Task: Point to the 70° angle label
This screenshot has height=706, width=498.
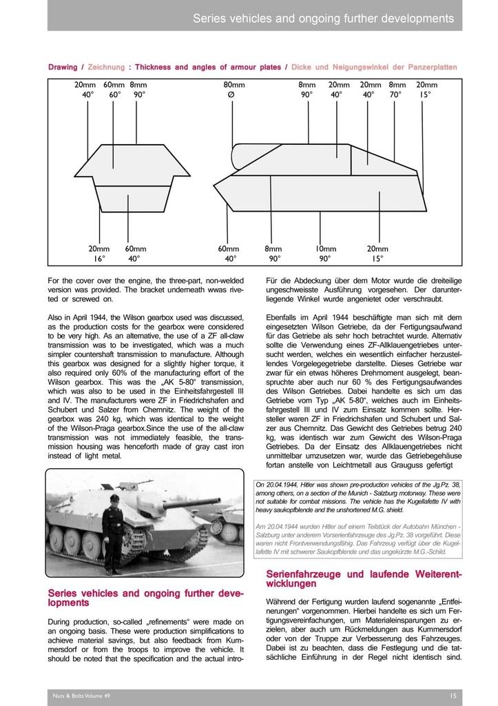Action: (395, 94)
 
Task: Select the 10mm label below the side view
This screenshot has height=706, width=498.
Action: (325, 248)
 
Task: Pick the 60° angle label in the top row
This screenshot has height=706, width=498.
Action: (114, 94)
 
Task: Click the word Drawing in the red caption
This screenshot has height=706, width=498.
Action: (63, 67)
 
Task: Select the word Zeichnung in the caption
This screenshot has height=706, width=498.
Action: (106, 67)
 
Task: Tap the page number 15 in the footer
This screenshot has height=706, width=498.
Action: (451, 696)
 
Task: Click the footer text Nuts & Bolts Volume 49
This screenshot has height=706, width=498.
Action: (81, 696)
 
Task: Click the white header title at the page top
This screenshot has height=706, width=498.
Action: (323, 18)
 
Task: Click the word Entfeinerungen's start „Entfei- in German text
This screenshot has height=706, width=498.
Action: (447, 601)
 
